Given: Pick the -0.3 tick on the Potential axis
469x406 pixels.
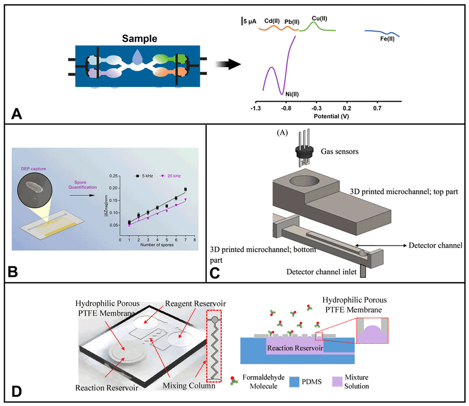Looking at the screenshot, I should click(x=316, y=108).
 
